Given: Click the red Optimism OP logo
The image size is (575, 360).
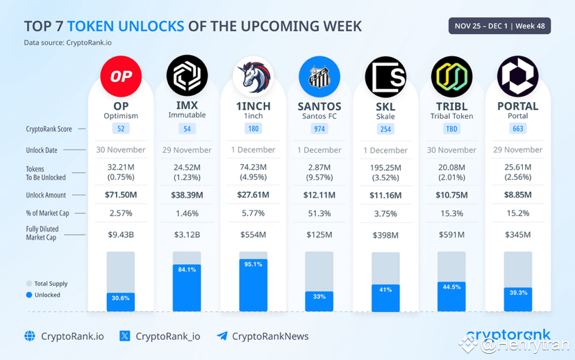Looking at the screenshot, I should tap(121, 76).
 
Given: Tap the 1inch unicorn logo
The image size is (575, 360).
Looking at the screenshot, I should tap(253, 76).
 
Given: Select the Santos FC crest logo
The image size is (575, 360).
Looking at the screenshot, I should tap(319, 76).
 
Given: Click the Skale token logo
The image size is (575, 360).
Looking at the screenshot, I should tap(385, 76).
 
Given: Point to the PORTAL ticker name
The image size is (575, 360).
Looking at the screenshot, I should tap(517, 106).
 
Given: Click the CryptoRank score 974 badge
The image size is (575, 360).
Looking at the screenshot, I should tap(319, 129).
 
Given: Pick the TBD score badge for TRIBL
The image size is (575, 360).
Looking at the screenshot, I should tap(451, 129).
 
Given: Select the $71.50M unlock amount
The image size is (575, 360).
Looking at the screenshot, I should tap(121, 195).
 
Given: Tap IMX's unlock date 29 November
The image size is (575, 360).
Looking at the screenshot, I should tap(187, 149).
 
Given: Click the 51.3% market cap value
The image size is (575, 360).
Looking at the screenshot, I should tap(319, 213).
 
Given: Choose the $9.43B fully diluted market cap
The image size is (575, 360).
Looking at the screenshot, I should tap(121, 235).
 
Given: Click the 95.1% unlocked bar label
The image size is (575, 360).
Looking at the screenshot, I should tap(253, 264).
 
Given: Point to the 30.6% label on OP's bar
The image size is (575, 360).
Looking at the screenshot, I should tap(121, 298).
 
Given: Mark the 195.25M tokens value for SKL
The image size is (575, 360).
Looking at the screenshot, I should tap(385, 167).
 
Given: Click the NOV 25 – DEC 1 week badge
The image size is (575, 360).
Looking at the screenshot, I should tap(499, 26).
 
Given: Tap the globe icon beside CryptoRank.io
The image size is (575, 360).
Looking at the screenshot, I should tap(30, 336).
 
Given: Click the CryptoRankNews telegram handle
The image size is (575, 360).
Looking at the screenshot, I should tap(269, 336).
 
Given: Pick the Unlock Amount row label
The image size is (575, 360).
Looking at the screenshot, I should tap(46, 195).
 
